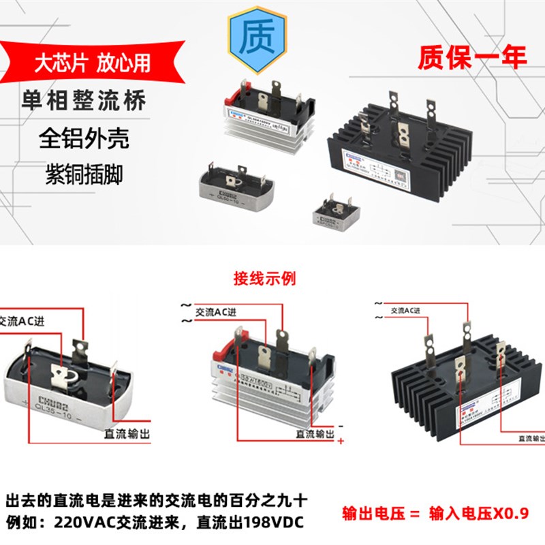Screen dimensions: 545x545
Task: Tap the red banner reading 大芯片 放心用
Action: click(92, 63)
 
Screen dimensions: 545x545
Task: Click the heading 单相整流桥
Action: click(92, 102)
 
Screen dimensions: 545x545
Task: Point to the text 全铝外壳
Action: click(83, 138)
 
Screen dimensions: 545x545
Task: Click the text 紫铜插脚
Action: click(83, 174)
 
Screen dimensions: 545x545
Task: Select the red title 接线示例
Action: click(265, 279)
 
